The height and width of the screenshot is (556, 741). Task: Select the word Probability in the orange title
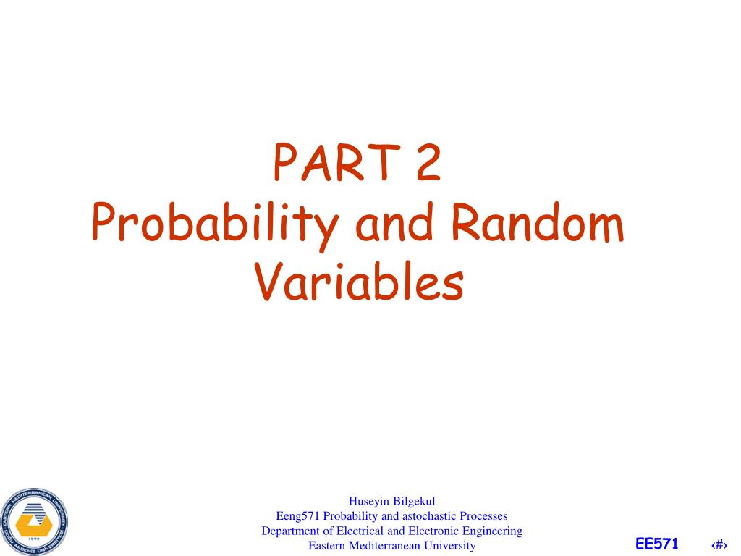click(215, 226)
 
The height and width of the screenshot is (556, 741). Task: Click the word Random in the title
click(536, 224)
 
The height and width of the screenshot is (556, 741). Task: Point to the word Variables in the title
click(359, 284)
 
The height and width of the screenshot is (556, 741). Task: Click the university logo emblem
click(33, 520)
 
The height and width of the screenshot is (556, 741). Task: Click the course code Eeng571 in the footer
click(298, 515)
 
